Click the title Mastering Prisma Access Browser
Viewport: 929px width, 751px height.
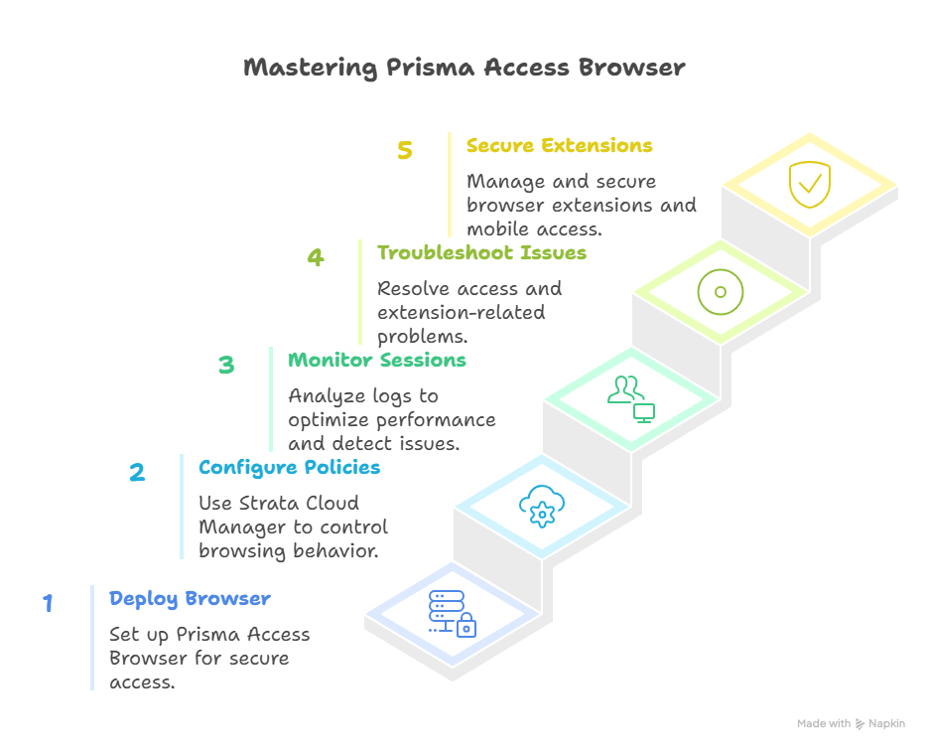click(x=464, y=69)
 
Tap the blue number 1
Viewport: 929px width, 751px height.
click(x=48, y=603)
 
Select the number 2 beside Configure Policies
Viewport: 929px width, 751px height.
click(x=137, y=472)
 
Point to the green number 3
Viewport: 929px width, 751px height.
click(x=226, y=365)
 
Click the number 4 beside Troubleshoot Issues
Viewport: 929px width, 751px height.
click(x=315, y=257)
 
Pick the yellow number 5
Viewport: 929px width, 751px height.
click(x=404, y=150)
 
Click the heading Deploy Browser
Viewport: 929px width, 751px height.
click(x=190, y=599)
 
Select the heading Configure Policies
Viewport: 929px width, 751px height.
click(x=289, y=467)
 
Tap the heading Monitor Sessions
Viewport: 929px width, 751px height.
click(x=376, y=360)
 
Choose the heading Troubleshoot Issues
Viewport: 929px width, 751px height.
click(x=481, y=253)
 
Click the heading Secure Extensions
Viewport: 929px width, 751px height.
click(x=559, y=146)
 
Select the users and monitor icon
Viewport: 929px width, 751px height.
click(x=631, y=397)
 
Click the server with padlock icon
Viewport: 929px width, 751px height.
click(x=452, y=612)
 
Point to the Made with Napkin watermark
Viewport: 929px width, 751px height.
click(x=851, y=724)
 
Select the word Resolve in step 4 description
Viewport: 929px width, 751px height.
click(x=415, y=289)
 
